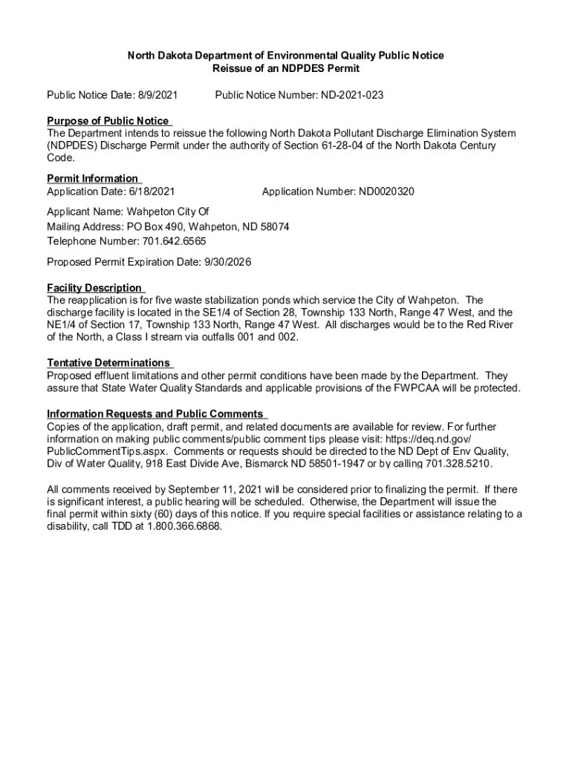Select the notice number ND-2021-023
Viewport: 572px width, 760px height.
(x=352, y=96)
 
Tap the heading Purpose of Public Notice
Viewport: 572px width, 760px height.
(x=108, y=121)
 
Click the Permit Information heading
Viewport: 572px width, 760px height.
(x=92, y=178)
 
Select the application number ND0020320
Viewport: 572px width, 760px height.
(x=387, y=191)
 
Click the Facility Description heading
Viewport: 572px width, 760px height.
(x=94, y=287)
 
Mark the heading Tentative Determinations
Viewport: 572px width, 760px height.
(x=108, y=362)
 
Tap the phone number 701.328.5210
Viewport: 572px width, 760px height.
(x=458, y=464)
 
